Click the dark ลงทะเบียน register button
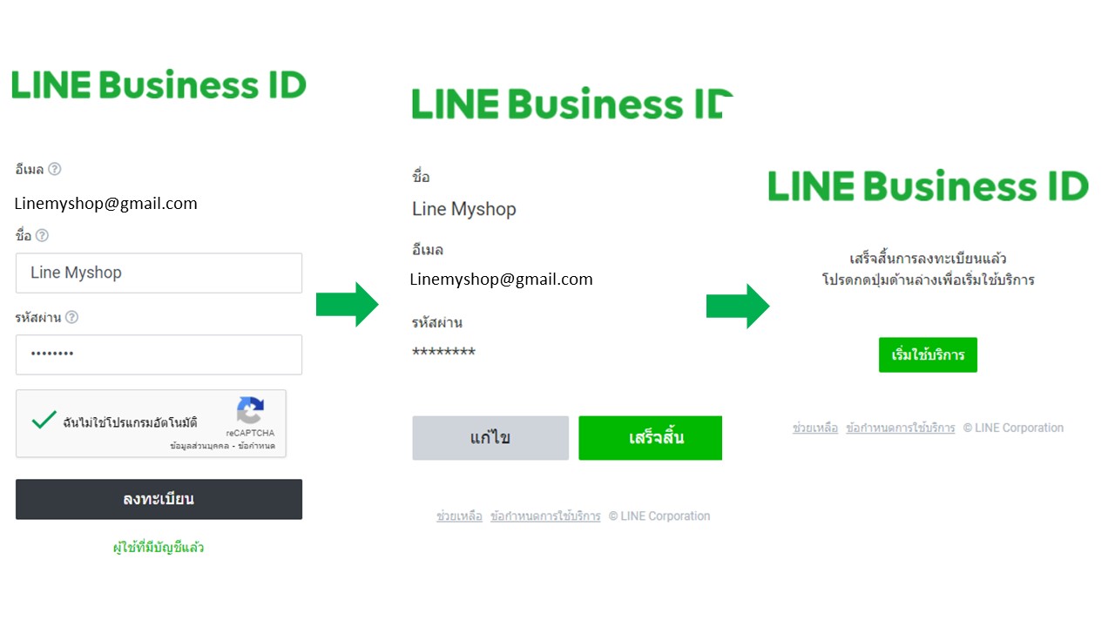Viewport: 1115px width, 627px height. coord(159,499)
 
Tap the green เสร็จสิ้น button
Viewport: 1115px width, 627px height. coord(650,437)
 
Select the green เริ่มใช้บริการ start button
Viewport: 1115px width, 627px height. coord(928,355)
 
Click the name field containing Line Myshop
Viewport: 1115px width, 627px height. coord(159,273)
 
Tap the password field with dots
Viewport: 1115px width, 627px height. coord(159,354)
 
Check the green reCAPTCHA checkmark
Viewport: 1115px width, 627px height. coord(44,421)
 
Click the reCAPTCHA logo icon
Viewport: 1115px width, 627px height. coord(250,410)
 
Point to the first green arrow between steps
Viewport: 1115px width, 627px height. coord(347,305)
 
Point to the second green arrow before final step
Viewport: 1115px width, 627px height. coord(737,307)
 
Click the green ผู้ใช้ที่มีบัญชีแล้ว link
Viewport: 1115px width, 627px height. coord(159,548)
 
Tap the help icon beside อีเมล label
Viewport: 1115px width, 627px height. coord(55,169)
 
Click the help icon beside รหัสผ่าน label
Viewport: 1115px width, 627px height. coord(71,317)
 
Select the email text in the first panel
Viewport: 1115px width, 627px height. coord(106,204)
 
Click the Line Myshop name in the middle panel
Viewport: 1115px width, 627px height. coord(464,209)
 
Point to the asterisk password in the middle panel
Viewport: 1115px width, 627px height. coord(443,352)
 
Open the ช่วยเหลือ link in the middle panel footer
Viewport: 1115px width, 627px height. coord(459,516)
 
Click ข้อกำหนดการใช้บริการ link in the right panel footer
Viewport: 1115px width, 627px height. coord(900,428)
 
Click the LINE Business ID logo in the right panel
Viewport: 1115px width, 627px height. coord(928,186)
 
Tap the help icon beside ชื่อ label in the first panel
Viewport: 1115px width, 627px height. coord(42,235)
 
